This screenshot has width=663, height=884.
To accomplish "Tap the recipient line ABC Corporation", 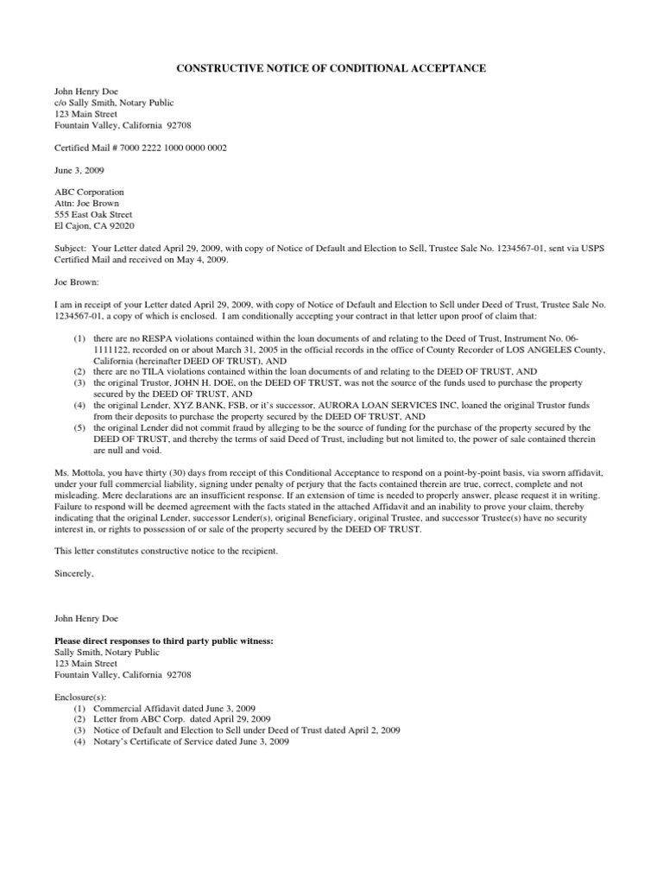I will point(89,192).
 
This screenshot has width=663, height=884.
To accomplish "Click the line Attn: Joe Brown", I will point(87,203).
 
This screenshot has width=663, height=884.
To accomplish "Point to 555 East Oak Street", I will point(93,214).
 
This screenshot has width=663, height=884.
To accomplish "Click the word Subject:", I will point(72,248).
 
